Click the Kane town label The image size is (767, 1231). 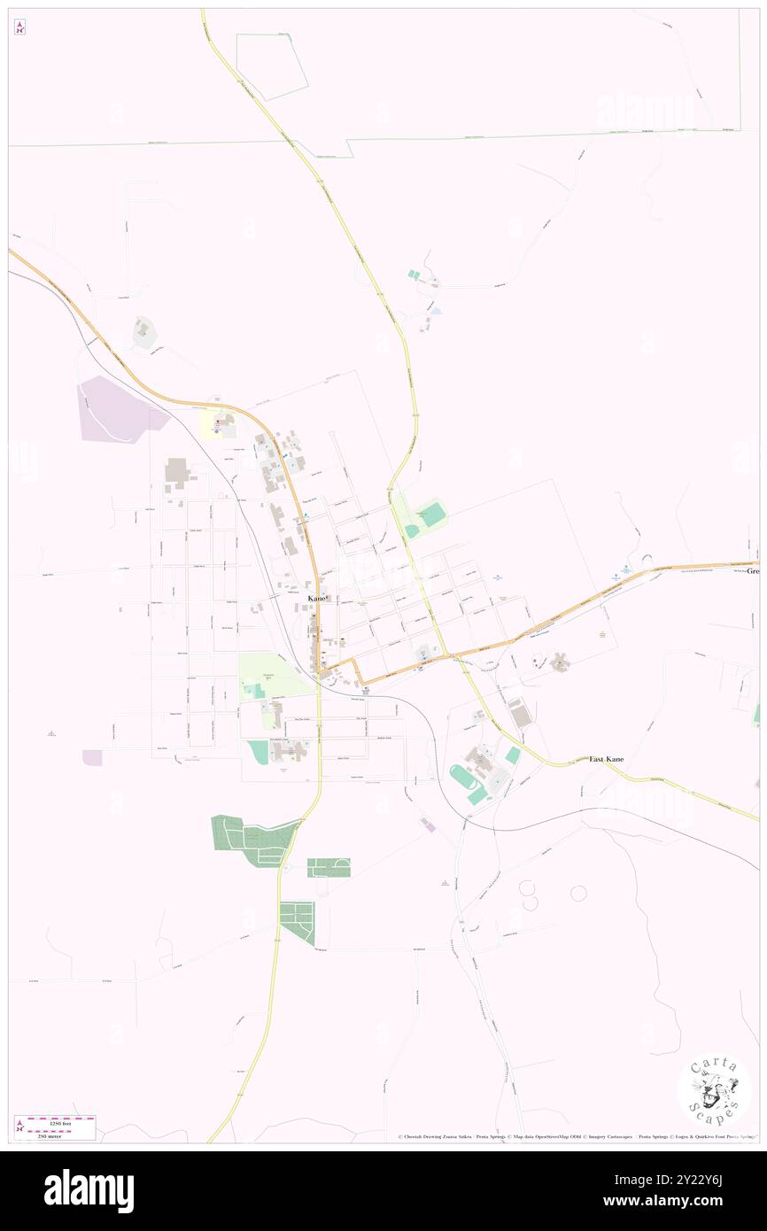(x=315, y=600)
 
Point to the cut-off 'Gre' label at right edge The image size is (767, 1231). (x=753, y=572)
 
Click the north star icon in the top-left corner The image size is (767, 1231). (x=19, y=27)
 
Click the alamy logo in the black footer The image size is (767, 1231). (x=89, y=1190)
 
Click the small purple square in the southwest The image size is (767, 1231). (x=92, y=757)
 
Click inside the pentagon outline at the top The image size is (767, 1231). (x=273, y=64)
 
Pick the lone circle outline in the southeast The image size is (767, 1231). (x=578, y=893)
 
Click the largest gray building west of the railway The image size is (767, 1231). (x=176, y=472)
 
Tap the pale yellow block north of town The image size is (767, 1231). (x=213, y=428)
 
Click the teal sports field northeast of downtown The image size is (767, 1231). (x=431, y=513)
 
